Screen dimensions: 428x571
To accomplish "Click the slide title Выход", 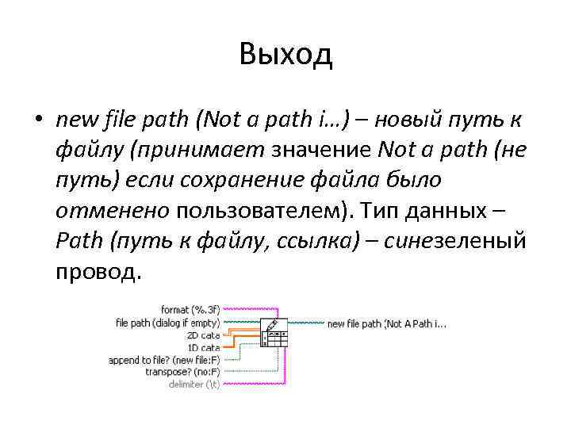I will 285,55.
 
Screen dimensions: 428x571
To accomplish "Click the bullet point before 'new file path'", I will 37,121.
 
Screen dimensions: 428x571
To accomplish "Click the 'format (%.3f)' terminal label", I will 190,310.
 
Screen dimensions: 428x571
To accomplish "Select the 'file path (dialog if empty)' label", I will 167,323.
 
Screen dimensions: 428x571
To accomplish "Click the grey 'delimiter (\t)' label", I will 194,384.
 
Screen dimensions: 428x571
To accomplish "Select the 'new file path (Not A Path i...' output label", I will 387,323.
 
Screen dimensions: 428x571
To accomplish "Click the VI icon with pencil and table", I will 274,333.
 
